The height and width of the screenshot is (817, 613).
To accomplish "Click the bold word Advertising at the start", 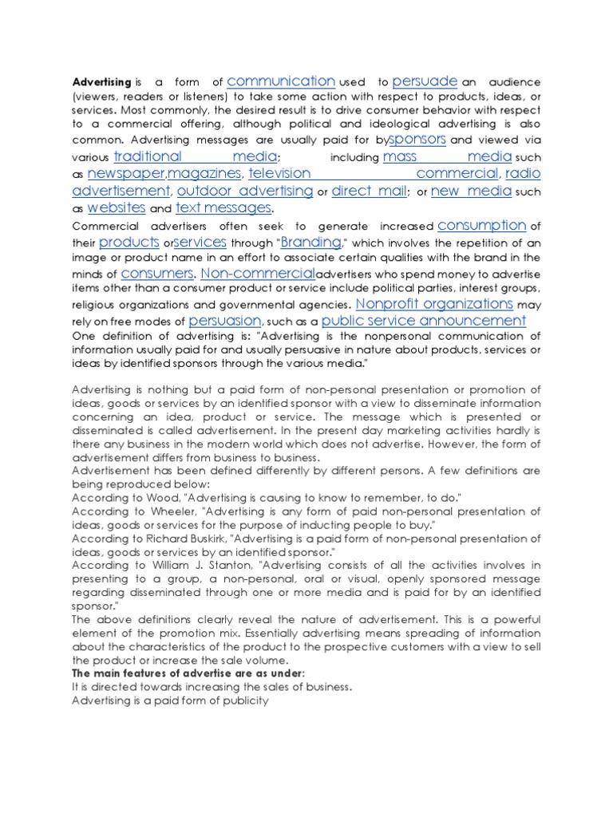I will [x=101, y=82].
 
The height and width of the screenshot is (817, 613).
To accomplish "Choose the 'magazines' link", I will [x=204, y=173].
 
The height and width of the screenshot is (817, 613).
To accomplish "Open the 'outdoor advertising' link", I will [x=245, y=191].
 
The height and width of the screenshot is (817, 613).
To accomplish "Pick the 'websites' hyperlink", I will [x=116, y=207].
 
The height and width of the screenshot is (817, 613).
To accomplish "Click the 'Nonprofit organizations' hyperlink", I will [x=434, y=304].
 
